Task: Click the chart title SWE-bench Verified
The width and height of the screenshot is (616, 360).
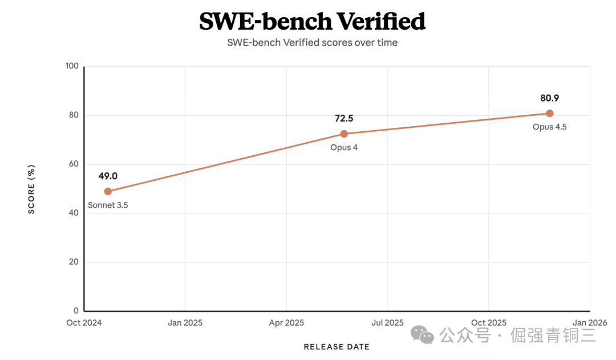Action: (312, 22)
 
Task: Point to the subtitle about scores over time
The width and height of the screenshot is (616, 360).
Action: (312, 43)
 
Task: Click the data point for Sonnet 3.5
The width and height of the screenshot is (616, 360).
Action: (108, 191)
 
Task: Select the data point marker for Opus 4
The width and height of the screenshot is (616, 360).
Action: (344, 134)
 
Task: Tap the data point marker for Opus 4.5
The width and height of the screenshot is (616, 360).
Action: (550, 113)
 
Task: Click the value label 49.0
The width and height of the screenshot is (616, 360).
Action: (108, 176)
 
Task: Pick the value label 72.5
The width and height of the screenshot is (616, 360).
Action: (344, 119)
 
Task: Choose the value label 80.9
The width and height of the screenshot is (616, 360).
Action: (550, 98)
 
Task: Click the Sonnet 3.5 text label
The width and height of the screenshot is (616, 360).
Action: (108, 205)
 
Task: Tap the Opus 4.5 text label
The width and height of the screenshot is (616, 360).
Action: (550, 127)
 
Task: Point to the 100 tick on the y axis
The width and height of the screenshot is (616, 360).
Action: (71, 66)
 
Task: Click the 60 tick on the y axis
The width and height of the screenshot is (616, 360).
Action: (73, 164)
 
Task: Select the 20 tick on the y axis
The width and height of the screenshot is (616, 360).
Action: (73, 262)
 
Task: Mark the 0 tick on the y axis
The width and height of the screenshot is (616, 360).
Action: (75, 312)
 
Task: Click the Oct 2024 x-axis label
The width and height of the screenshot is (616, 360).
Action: (84, 323)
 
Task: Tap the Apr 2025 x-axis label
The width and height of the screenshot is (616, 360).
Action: (286, 323)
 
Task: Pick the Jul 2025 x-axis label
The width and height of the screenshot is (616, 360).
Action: (387, 323)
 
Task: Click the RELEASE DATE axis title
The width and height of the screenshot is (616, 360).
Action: (337, 347)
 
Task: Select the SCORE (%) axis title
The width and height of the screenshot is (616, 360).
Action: (32, 189)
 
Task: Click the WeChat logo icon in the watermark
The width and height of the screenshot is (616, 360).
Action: (423, 335)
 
